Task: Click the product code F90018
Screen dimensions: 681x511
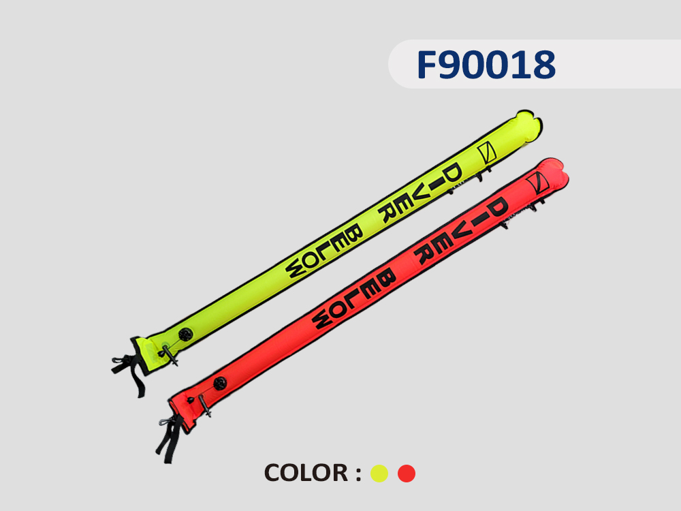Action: coord(486,64)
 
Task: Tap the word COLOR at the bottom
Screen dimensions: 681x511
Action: coord(306,473)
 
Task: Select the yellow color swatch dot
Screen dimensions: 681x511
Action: coord(379,474)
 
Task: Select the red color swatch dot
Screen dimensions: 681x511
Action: coord(407,474)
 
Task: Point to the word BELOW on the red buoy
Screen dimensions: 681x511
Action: coord(354,298)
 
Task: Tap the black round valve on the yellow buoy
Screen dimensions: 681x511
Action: coord(185,334)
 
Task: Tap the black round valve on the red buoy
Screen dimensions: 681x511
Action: coord(220,384)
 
